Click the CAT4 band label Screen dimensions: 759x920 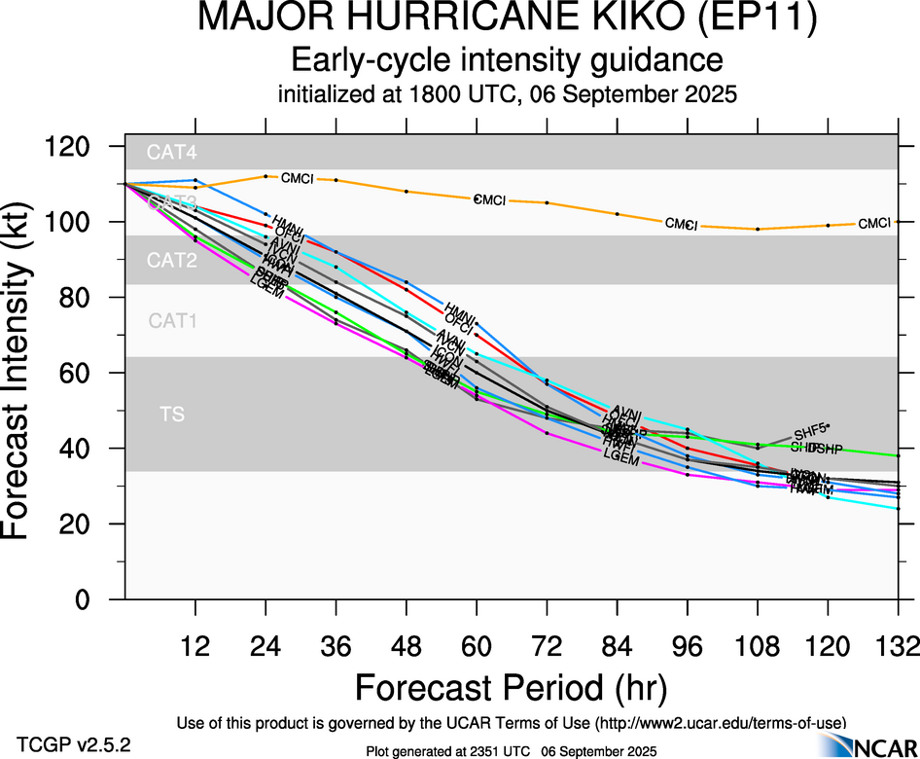(171, 152)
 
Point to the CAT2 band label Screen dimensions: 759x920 (171, 260)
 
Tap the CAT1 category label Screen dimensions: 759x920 (172, 320)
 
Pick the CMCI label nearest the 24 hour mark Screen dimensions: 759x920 (298, 179)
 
